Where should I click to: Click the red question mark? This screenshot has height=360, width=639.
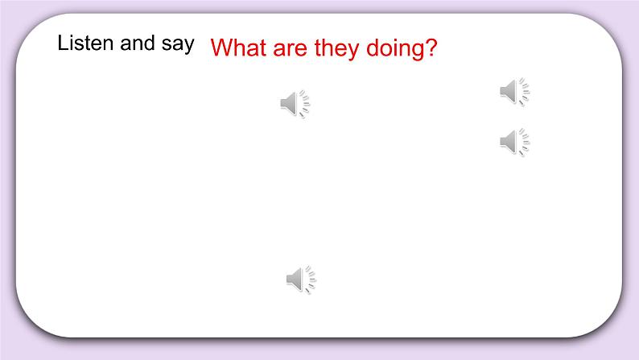pos(431,48)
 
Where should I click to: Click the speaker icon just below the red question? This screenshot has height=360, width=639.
pos(295,104)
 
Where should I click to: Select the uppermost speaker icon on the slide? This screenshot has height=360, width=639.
pos(514,92)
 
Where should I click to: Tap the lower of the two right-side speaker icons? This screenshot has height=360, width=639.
pos(514,142)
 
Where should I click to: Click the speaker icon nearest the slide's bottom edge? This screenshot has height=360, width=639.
pos(301,279)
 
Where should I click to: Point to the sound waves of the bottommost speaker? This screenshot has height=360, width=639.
pos(311,279)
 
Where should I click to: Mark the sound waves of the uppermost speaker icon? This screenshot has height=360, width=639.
pos(525,92)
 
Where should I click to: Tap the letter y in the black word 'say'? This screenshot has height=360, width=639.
pos(188,46)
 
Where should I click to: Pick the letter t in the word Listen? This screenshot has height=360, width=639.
pos(85,43)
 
